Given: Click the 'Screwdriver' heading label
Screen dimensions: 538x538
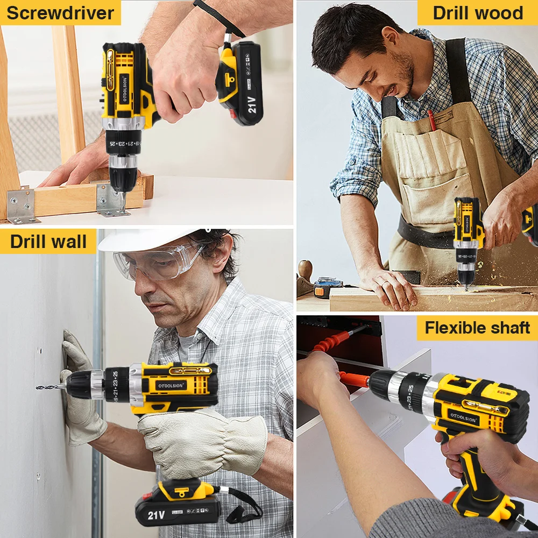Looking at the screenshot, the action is pyautogui.click(x=60, y=13).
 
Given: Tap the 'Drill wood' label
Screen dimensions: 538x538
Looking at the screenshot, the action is pyautogui.click(x=478, y=13).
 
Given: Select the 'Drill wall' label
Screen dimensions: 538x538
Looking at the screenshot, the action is pyautogui.click(x=48, y=242).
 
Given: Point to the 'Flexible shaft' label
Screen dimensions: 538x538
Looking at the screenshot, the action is pyautogui.click(x=477, y=328).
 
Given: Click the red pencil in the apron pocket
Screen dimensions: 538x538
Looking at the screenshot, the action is pyautogui.click(x=431, y=121).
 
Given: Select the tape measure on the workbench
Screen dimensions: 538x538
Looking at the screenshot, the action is pyautogui.click(x=328, y=287).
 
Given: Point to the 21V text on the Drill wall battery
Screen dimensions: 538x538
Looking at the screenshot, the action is pyautogui.click(x=157, y=515).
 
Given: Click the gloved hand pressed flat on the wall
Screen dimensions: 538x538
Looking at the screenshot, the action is pyautogui.click(x=81, y=388).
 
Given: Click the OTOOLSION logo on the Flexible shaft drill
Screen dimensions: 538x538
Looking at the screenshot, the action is pyautogui.click(x=464, y=417).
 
